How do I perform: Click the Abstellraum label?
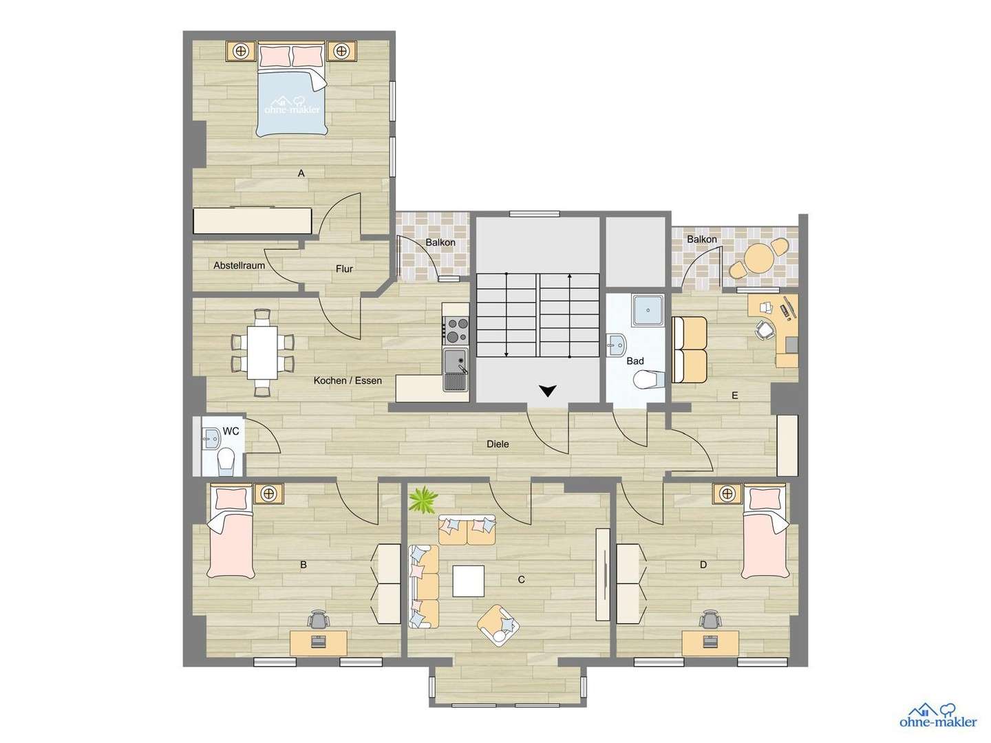239,266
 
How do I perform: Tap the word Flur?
344,269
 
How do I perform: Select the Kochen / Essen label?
348,380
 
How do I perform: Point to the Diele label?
498,444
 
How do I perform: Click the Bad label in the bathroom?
635,361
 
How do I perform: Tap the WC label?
231,431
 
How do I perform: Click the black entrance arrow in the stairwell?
547,391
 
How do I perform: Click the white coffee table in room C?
468,581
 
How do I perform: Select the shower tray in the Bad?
648,310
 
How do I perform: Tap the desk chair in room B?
318,620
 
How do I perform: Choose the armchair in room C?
499,625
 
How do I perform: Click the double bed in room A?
292,89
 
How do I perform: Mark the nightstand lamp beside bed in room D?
727,493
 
